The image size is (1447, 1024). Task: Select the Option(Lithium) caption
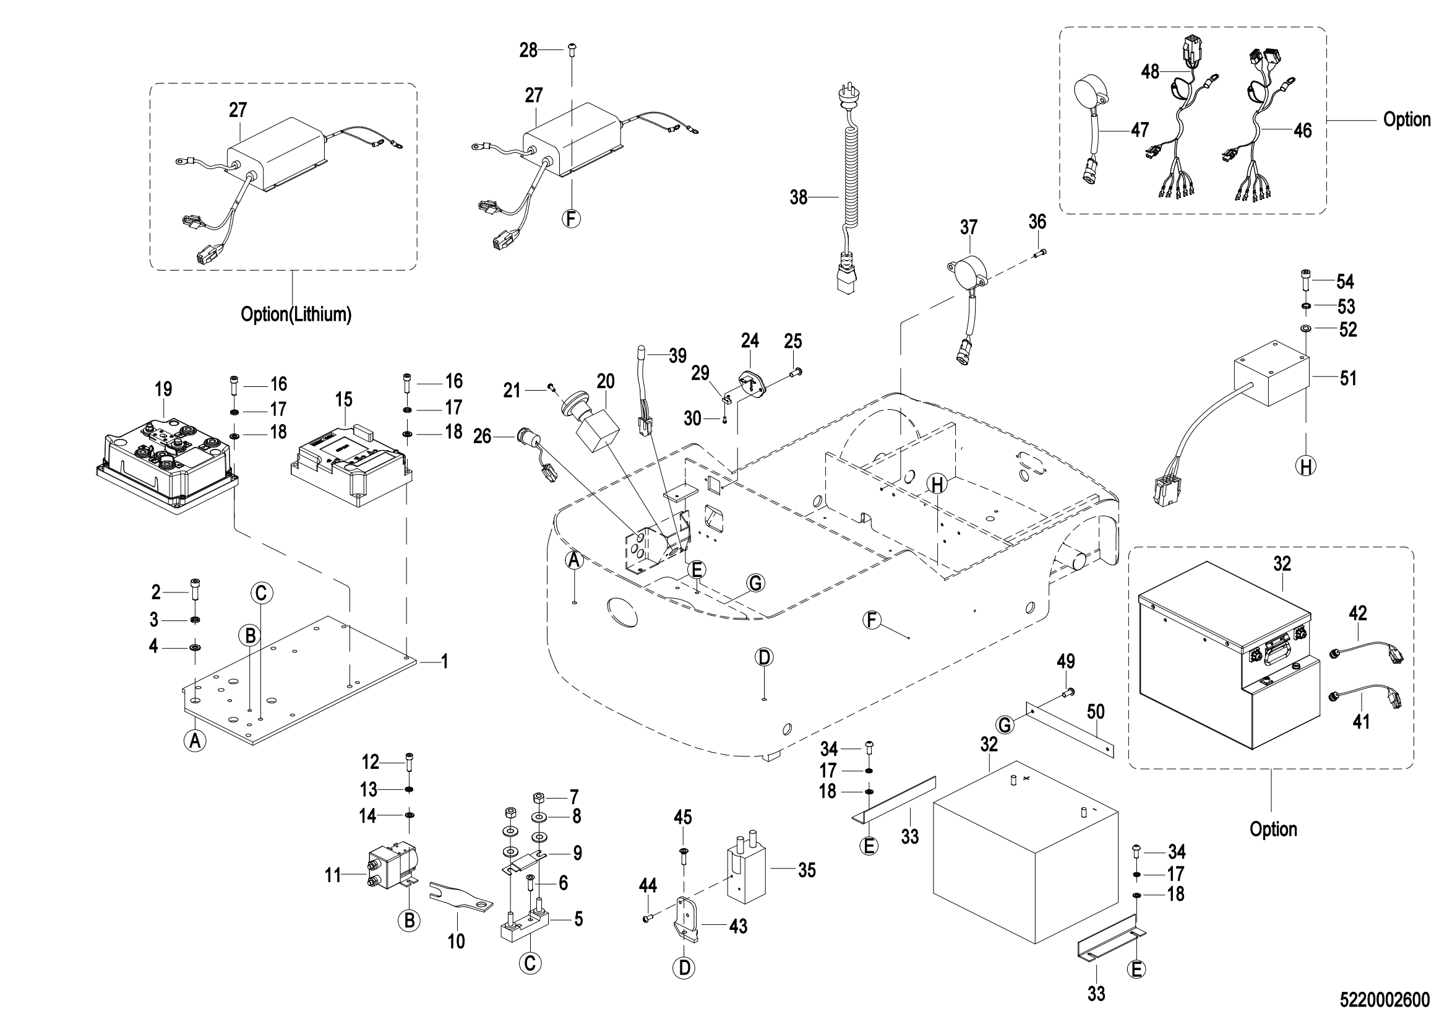coord(296,313)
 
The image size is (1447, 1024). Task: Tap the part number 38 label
coord(799,198)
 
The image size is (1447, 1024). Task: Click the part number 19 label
coord(163,389)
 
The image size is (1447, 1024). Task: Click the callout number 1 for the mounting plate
coord(444,661)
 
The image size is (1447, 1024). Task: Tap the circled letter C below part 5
coord(530,963)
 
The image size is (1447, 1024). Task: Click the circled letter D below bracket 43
coord(684,967)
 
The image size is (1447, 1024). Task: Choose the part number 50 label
coord(1096,712)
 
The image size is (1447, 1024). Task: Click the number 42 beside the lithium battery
coord(1358,613)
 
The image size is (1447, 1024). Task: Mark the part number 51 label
coord(1348,378)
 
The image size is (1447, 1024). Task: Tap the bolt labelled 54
coord(1305,279)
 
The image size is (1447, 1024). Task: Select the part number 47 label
coord(1140,130)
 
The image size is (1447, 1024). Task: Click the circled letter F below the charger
coord(572,218)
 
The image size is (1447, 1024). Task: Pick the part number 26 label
coord(482,436)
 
